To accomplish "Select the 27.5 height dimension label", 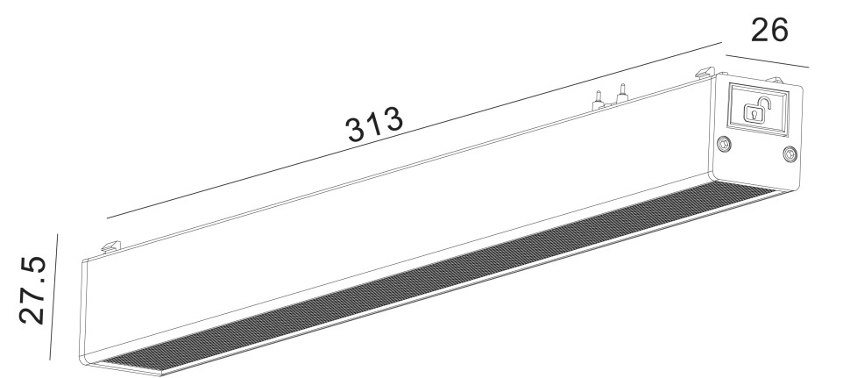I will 33,290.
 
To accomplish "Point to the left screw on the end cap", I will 724,145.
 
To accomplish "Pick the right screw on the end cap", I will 790,154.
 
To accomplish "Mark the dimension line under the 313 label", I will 412,130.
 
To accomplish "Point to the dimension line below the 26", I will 768,61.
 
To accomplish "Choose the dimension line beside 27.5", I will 54,296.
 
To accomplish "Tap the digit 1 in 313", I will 374,128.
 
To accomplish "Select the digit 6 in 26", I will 778,30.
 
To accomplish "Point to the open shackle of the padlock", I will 764,105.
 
